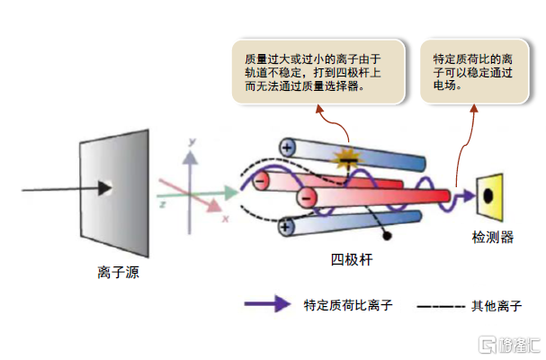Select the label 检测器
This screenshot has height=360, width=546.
click(x=493, y=238)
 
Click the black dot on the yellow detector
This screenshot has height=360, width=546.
click(x=488, y=193)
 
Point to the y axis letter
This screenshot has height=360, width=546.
click(x=192, y=142)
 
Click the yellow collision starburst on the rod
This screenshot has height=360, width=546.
click(x=344, y=159)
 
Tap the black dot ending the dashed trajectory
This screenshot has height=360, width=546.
click(x=388, y=235)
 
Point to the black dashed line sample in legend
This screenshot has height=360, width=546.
click(x=440, y=306)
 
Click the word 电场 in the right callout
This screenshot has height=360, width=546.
click(x=443, y=87)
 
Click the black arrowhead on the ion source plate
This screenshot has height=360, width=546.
click(x=105, y=188)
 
